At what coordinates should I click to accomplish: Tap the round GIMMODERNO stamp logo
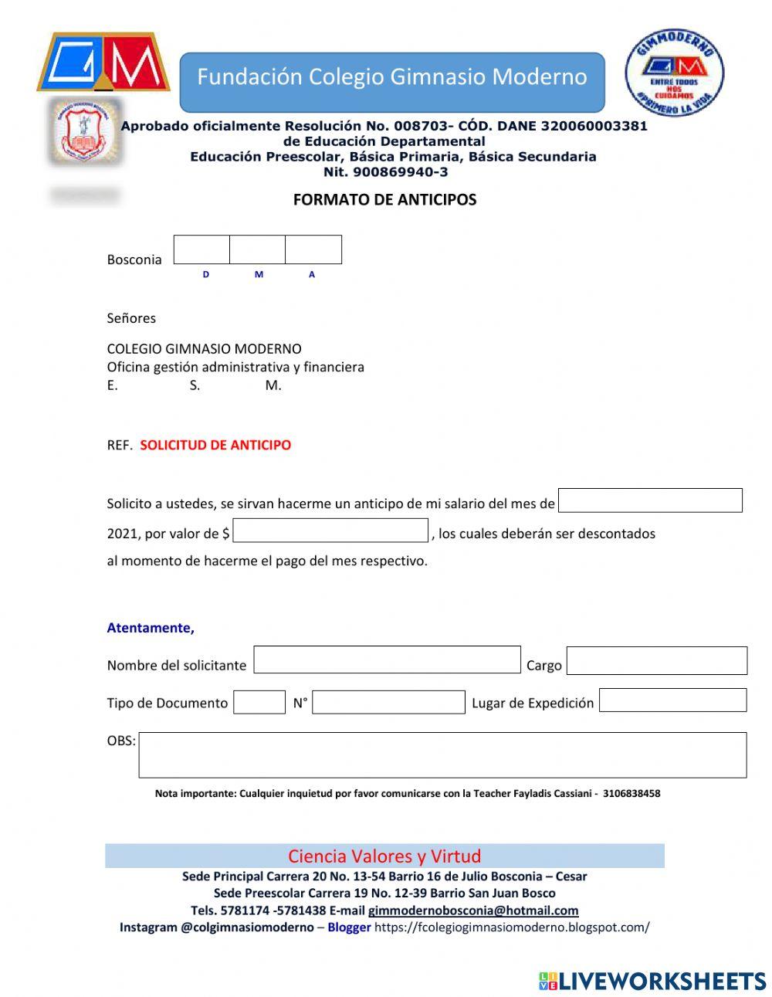coord(674,74)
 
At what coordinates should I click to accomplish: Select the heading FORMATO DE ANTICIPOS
coord(384,200)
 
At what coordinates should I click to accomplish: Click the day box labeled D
coord(201,249)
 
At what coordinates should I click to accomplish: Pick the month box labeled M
coord(257,249)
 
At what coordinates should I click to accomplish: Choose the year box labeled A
coord(313,249)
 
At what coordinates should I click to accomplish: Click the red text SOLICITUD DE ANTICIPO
coord(215,446)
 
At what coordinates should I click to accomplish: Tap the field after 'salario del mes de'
coord(649,500)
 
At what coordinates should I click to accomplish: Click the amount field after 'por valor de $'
coord(330,531)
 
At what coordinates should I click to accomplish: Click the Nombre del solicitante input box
coord(387,660)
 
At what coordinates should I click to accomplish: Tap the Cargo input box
coord(656,661)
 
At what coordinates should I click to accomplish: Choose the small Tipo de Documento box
coord(259,702)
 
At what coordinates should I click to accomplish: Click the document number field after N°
coord(388,702)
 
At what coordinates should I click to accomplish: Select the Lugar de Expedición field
coord(672,700)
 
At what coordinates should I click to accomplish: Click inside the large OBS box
coord(442,755)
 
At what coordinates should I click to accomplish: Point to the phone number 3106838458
coord(631,793)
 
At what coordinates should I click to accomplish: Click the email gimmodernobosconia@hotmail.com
coord(473,911)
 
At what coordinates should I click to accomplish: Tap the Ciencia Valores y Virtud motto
coord(384,856)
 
